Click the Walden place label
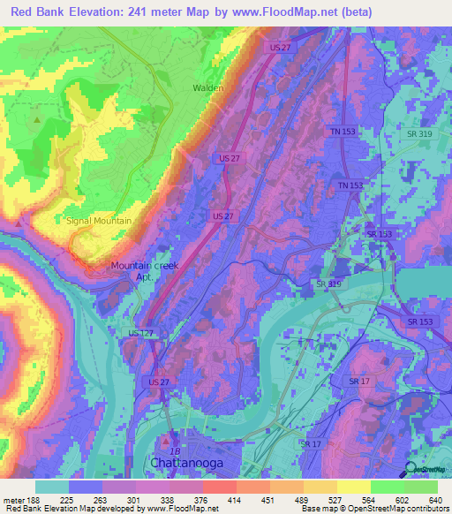208,88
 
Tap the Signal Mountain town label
99,221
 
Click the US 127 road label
140,333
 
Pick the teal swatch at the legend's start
52,487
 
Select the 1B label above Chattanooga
175,450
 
